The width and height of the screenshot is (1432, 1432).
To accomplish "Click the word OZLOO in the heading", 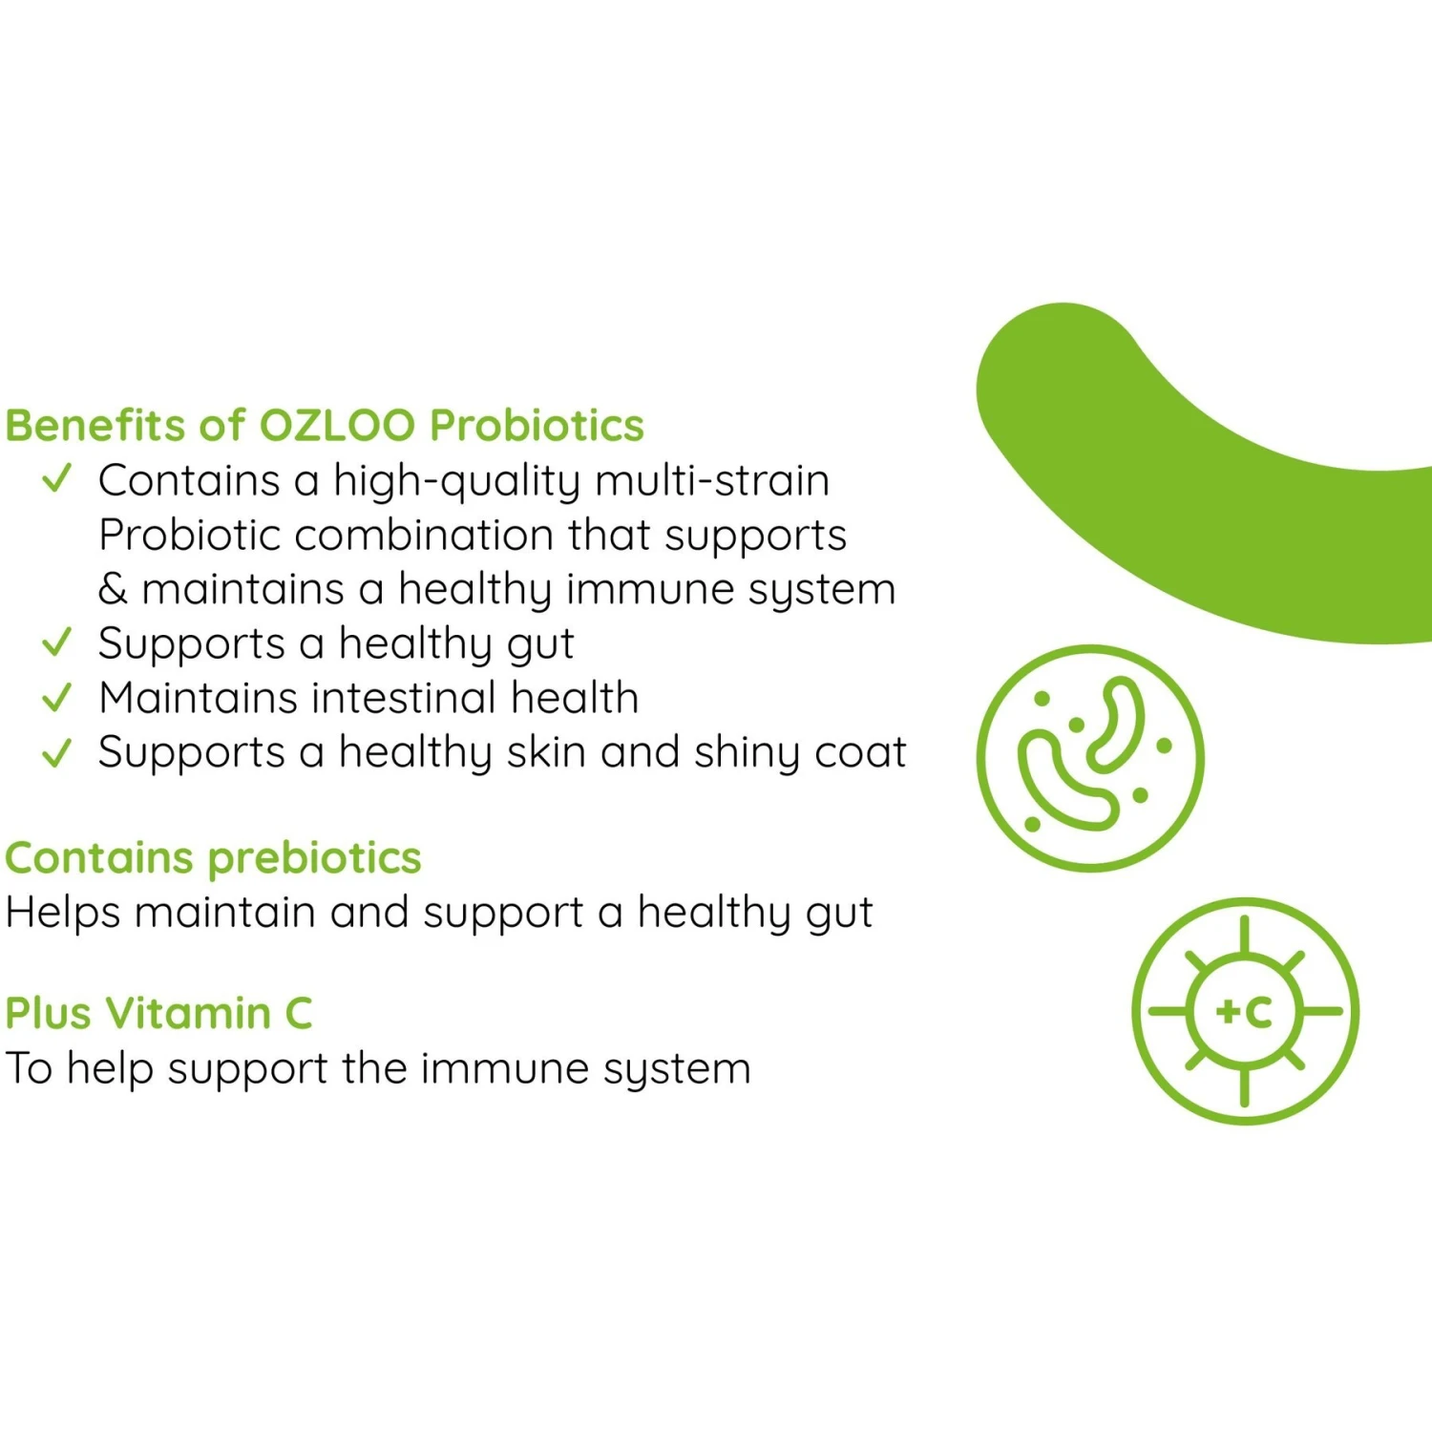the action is pos(338,426).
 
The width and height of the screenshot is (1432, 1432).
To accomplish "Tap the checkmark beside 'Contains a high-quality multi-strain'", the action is pos(57,477).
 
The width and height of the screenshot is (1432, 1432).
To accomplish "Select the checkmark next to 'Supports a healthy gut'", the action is pos(57,642).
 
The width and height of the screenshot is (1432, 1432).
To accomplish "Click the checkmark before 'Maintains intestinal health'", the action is pos(57,697).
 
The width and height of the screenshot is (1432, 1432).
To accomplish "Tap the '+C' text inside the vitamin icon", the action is pos(1245,1012).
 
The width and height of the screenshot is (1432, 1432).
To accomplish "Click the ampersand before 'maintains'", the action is pos(113,589).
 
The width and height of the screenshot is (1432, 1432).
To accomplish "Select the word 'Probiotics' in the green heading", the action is pos(537,426).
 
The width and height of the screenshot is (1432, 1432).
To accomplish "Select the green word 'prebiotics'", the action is pos(315,858).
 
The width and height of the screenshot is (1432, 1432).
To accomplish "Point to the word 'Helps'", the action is pos(63,913).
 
